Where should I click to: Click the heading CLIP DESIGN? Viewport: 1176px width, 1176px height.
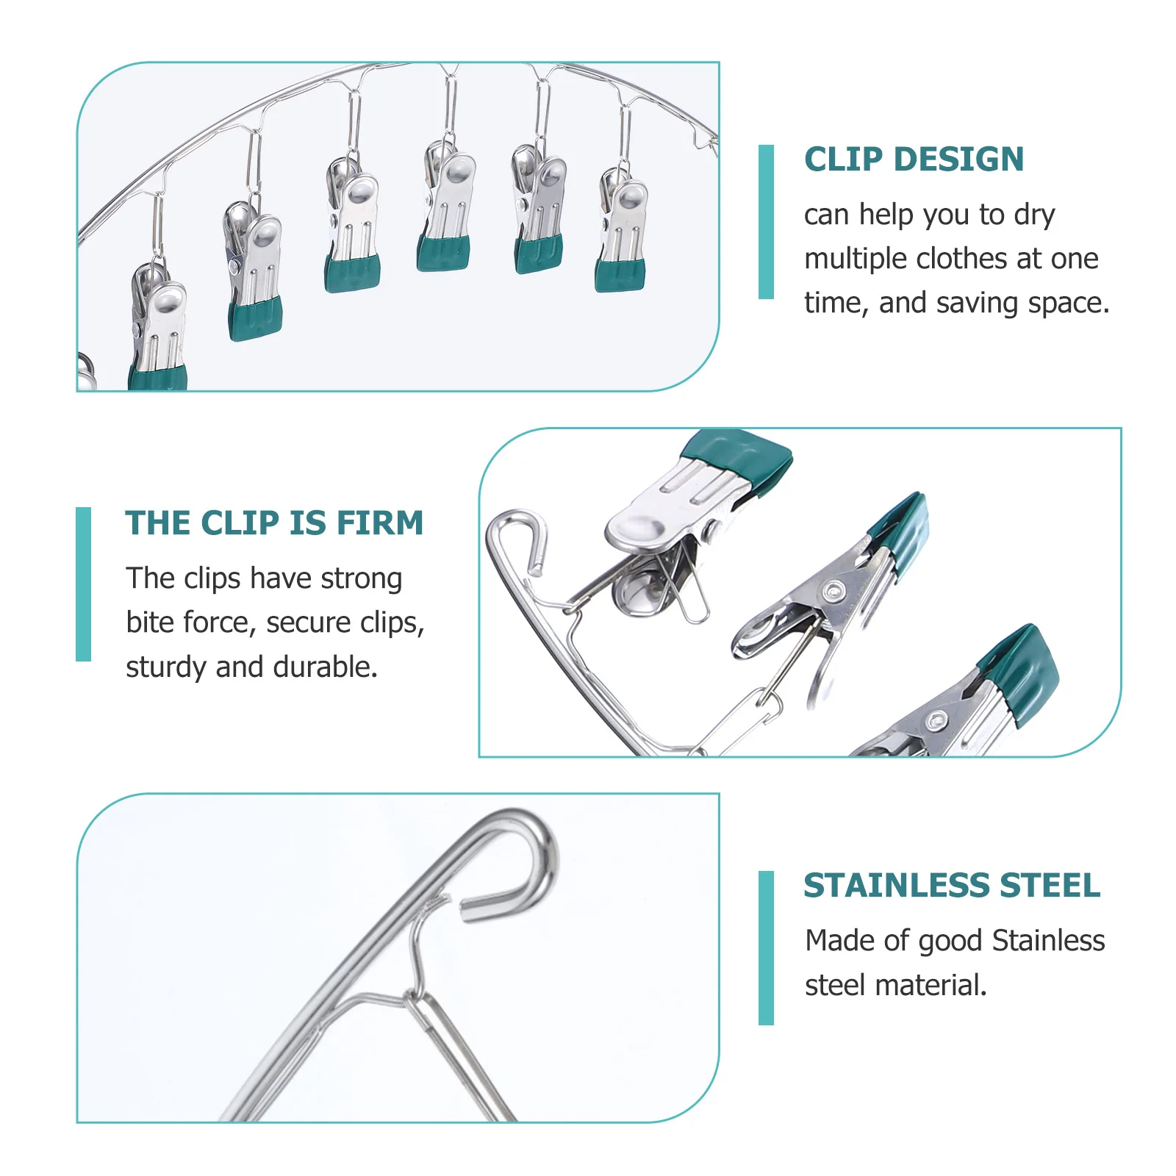click(x=914, y=159)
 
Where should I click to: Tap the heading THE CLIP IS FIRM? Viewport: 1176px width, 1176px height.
click(x=274, y=523)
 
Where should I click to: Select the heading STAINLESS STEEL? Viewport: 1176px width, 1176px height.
click(x=952, y=886)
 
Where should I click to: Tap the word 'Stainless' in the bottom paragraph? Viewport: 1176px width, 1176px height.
click(x=1048, y=941)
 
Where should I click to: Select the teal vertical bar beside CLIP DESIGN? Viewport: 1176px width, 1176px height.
click(x=766, y=222)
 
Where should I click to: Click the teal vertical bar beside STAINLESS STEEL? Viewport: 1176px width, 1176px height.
click(x=766, y=947)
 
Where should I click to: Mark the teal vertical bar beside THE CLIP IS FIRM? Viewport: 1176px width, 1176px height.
click(x=84, y=584)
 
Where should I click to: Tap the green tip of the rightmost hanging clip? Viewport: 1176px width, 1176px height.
click(x=621, y=276)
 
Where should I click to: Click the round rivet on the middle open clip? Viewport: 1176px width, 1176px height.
click(x=833, y=590)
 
